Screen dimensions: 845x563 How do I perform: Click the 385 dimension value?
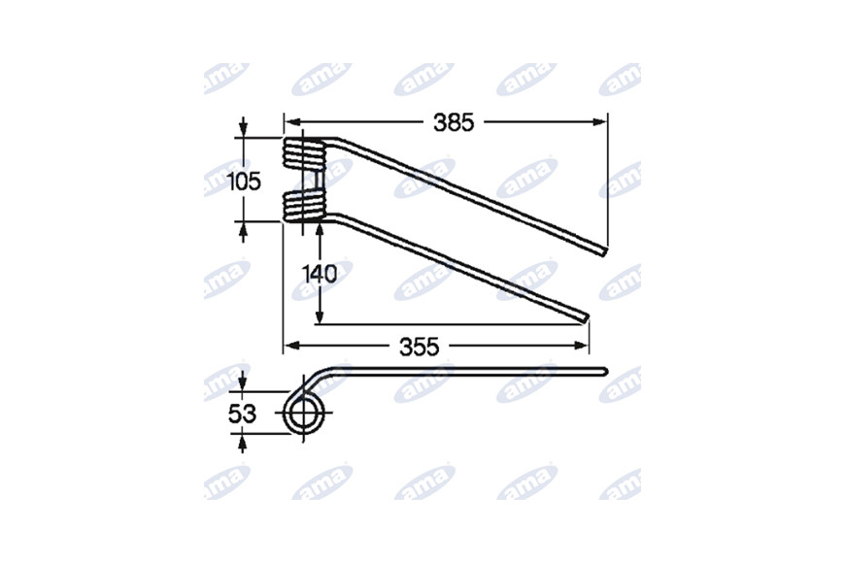[454, 123]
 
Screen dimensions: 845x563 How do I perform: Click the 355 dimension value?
[420, 347]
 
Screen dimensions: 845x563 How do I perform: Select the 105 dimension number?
[244, 182]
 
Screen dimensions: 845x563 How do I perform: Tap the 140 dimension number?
[320, 275]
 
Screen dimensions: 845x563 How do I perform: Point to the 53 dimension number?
[243, 414]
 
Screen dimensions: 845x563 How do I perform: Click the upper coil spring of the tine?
[304, 153]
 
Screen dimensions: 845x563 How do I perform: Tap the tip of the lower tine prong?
[586, 318]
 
